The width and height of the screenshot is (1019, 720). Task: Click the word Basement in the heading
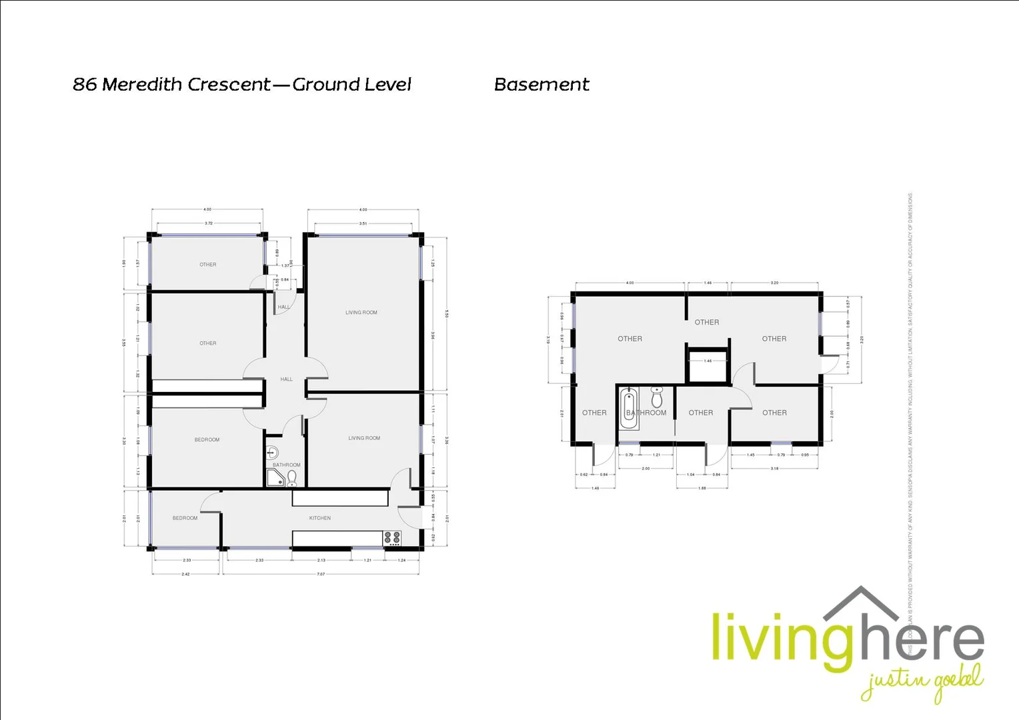(x=542, y=85)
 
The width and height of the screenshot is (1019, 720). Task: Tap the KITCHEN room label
(x=319, y=518)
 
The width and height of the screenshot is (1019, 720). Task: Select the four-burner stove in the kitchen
(x=392, y=539)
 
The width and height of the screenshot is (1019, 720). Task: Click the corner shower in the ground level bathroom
(x=274, y=477)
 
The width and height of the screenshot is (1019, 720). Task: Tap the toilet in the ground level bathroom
(x=291, y=477)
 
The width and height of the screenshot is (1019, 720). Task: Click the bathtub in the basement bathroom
(x=629, y=408)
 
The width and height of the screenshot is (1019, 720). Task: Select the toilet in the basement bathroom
(x=657, y=398)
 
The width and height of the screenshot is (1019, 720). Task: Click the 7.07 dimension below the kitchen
(x=321, y=574)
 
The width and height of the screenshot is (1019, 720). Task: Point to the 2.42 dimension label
(x=185, y=574)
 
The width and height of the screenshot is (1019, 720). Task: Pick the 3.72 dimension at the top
(x=208, y=223)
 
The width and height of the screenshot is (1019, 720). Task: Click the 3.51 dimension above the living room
(x=363, y=223)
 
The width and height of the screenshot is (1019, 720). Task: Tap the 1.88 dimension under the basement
(x=702, y=488)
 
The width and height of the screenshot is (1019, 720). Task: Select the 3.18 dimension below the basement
(x=774, y=469)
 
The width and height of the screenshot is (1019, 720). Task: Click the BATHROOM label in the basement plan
(x=646, y=413)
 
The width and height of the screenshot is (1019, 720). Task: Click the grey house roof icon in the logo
(x=861, y=603)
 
